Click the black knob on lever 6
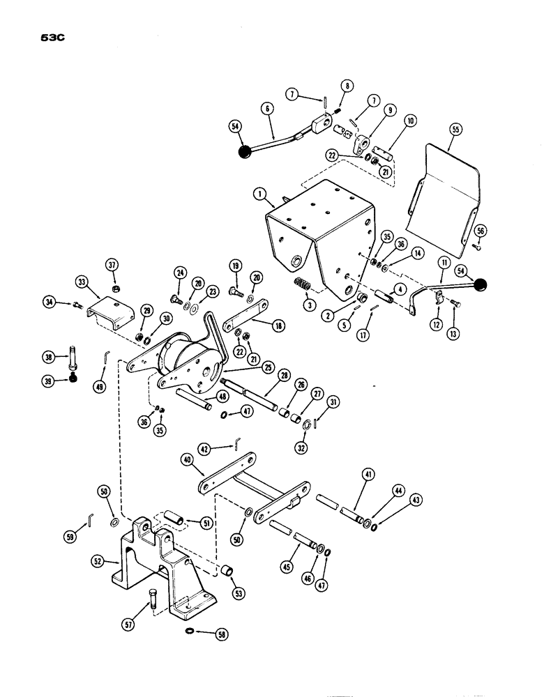(244, 152)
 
